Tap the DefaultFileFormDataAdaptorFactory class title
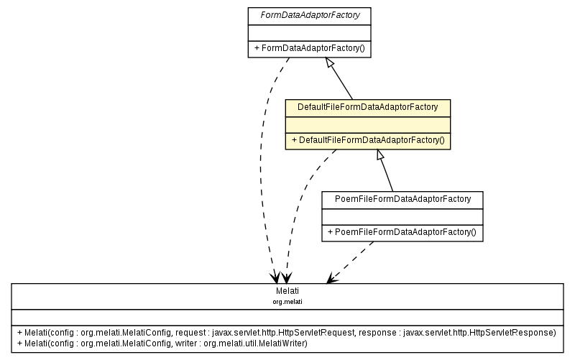coord(367,107)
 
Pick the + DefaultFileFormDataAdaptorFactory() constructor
coord(367,140)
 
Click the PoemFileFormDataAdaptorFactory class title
coord(402,198)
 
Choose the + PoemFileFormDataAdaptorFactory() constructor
coord(402,232)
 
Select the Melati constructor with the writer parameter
coord(162,343)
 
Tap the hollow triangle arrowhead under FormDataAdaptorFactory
coord(330,63)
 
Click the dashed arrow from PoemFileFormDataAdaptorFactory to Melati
coord(352,261)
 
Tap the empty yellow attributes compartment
coord(367,124)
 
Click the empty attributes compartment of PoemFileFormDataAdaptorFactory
coord(402,215)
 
